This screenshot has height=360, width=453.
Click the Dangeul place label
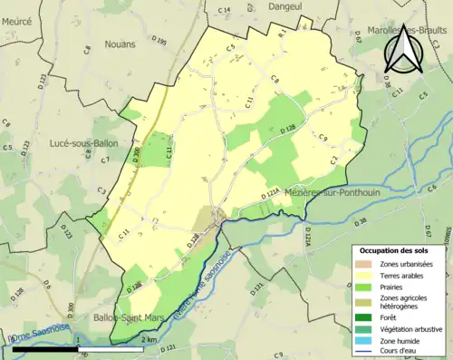click(x=285, y=6)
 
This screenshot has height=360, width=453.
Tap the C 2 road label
click(x=333, y=160)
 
